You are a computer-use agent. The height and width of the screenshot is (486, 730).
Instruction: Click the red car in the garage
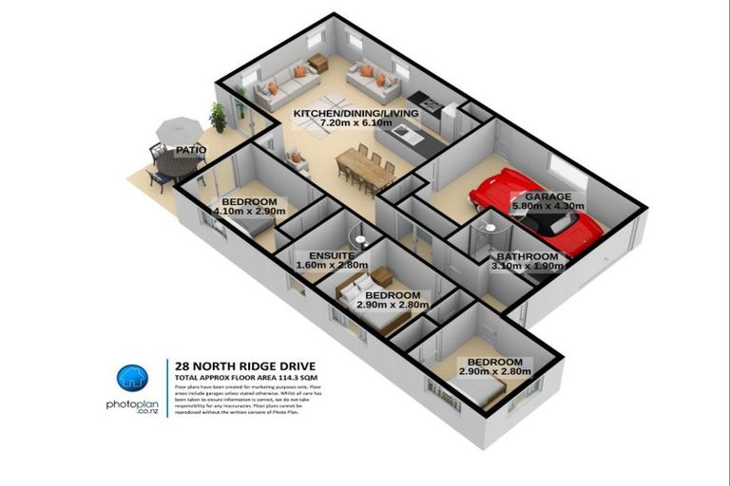pyautogui.click(x=532, y=211)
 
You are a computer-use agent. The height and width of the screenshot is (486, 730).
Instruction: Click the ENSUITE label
pyautogui.click(x=332, y=255)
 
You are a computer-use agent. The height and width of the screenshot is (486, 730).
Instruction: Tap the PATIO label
pyautogui.click(x=193, y=150)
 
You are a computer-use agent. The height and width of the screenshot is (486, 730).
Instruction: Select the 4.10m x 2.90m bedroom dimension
pyautogui.click(x=249, y=214)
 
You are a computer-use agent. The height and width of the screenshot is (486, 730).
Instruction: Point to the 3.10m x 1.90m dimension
pyautogui.click(x=528, y=267)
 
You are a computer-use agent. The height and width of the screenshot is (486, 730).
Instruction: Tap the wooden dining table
pyautogui.click(x=365, y=170)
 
